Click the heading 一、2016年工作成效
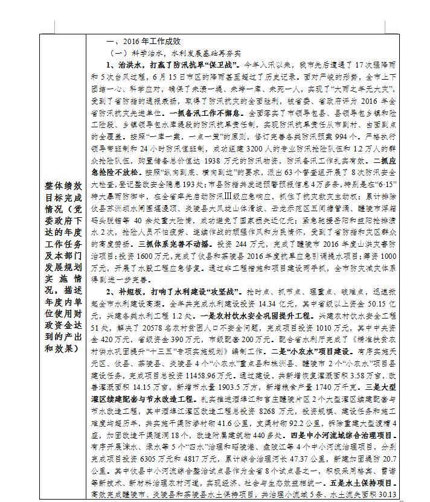[x=143, y=42]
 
